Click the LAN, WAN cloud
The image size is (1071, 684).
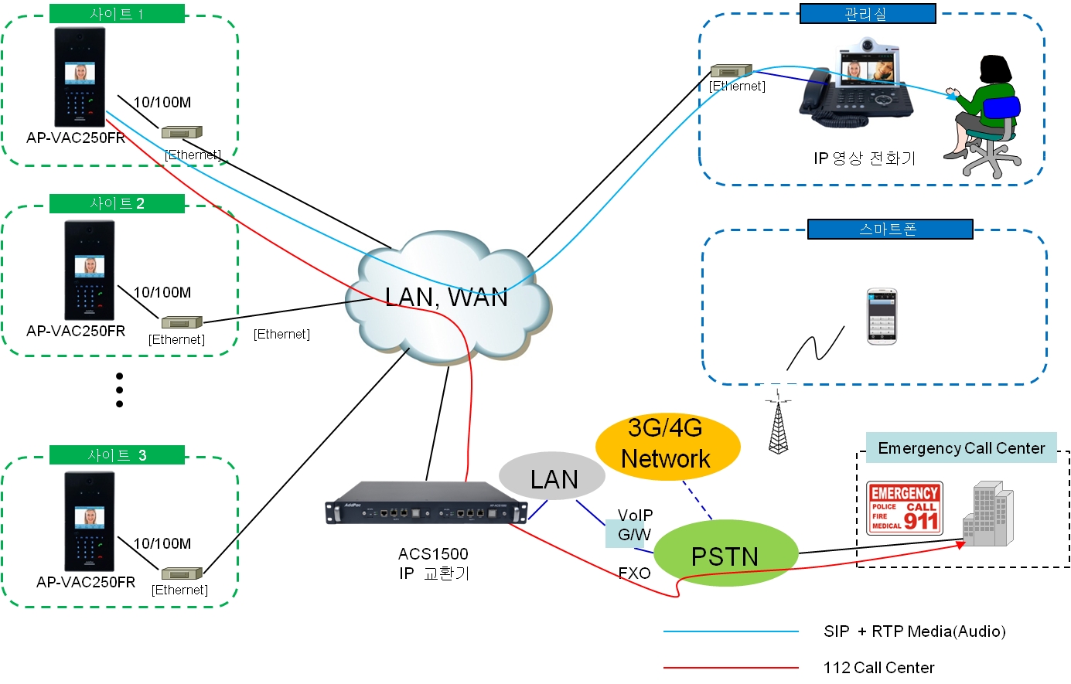coord(447,298)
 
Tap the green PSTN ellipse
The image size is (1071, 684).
coord(725,555)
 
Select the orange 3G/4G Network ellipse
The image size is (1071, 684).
coord(667,444)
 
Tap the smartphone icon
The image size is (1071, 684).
coord(881,316)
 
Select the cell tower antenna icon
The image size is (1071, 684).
coord(779,424)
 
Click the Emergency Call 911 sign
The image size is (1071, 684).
coord(904,508)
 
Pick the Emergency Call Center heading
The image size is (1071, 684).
coord(961,448)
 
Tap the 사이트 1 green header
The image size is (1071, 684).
coord(117,13)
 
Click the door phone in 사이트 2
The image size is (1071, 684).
coord(90,270)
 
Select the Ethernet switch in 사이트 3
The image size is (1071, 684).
coord(182,573)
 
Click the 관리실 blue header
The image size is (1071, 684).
coord(867,14)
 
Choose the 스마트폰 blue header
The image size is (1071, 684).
coord(889,230)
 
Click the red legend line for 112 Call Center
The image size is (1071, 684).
coord(731,667)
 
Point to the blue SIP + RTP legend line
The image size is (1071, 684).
coord(731,631)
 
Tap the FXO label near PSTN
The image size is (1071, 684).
coord(634,573)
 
